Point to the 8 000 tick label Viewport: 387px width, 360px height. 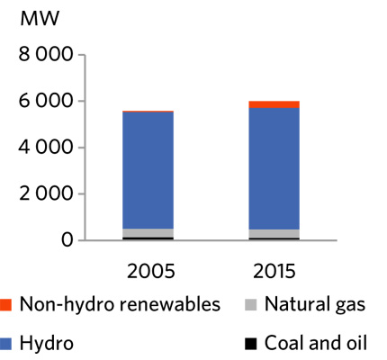tap(44, 56)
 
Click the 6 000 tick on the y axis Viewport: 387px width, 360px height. tap(44, 102)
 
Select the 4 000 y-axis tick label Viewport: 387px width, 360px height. tap(44, 148)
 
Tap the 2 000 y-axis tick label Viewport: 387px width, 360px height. tap(44, 193)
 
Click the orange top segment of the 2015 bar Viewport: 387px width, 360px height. tap(274, 104)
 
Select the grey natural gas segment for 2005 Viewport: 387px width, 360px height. tap(148, 232)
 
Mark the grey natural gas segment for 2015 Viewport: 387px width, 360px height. tap(274, 234)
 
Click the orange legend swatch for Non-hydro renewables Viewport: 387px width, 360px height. tap(8, 305)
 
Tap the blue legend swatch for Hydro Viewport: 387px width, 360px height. tap(8, 343)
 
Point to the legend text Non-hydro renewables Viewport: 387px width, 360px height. tap(120, 305)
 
